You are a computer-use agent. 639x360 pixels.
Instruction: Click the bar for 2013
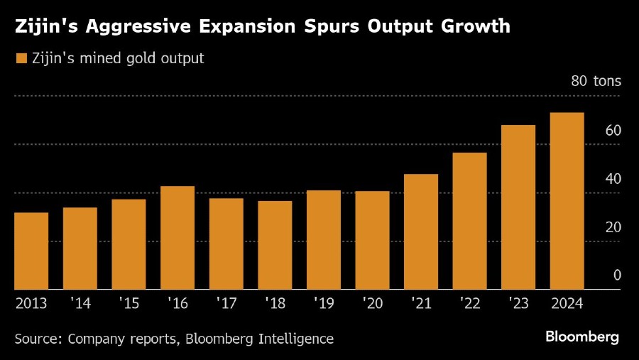tap(31, 251)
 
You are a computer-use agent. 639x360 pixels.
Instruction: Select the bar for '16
tap(177, 238)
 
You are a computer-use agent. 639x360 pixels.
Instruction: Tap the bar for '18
tap(275, 245)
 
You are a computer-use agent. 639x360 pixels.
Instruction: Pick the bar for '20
tap(372, 240)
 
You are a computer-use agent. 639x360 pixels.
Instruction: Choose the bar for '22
tap(469, 221)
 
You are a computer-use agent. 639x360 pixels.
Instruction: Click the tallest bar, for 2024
tap(567, 201)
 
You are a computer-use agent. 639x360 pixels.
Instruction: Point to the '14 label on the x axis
tap(80, 303)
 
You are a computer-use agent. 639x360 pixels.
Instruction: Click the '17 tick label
tap(226, 303)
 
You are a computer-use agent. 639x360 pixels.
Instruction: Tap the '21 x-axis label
tap(420, 303)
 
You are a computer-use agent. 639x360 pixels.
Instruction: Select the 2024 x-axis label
tap(567, 303)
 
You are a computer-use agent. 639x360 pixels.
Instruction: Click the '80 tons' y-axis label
tap(596, 82)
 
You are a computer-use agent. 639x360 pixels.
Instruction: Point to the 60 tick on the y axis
tap(613, 131)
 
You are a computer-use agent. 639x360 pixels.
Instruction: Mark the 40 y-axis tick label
tap(613, 179)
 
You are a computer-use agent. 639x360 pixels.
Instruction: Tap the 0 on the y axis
tap(617, 276)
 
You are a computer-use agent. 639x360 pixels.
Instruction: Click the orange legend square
tap(21, 58)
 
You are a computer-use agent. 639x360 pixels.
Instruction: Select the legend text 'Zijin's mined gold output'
tap(118, 58)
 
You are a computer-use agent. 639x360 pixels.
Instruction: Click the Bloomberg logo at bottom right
tap(581, 336)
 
